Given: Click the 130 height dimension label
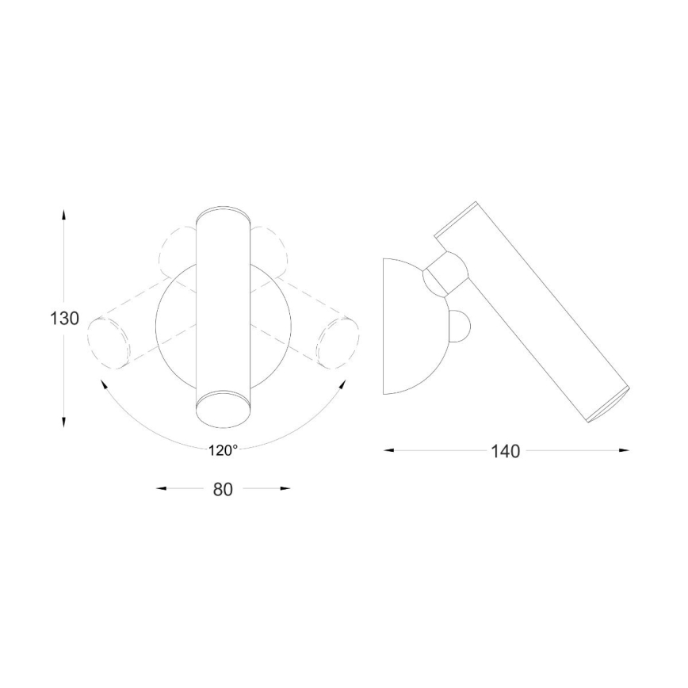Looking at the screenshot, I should click(64, 319).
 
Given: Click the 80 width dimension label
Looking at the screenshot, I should click(223, 489).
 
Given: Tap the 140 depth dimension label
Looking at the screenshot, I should click(505, 451).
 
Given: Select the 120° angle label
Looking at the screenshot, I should click(224, 450).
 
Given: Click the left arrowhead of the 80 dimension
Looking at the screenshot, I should click(162, 489).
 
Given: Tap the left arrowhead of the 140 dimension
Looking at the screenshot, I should click(389, 451).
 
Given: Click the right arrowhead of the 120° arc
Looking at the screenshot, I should click(342, 384).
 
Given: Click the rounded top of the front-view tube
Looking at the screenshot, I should click(223, 215).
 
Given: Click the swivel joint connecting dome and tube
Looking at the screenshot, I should click(445, 271).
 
